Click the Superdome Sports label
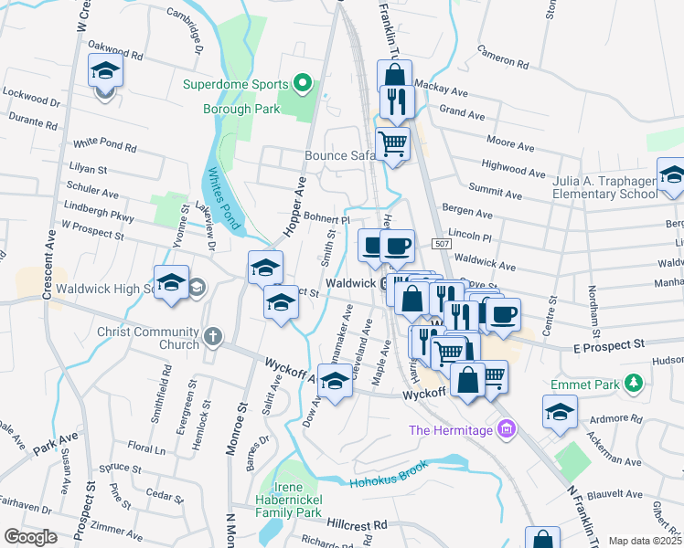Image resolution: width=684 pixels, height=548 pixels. pyautogui.click(x=235, y=85)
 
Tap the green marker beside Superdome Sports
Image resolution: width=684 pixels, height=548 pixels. pyautogui.click(x=304, y=85)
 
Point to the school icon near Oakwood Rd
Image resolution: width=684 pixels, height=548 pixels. pyautogui.click(x=105, y=71)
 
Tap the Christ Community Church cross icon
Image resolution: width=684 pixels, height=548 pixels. pyautogui.click(x=212, y=337)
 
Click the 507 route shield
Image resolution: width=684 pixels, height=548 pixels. pyautogui.click(x=441, y=244)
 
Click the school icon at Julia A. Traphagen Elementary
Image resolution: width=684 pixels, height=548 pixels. pyautogui.click(x=670, y=175)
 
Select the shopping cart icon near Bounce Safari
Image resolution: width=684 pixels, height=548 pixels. pyautogui.click(x=392, y=144)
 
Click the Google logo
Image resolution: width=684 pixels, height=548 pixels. pyautogui.click(x=30, y=537)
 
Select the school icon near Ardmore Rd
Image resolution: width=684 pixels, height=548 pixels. pyautogui.click(x=560, y=412)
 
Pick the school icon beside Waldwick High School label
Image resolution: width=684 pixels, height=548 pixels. pyautogui.click(x=171, y=283)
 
